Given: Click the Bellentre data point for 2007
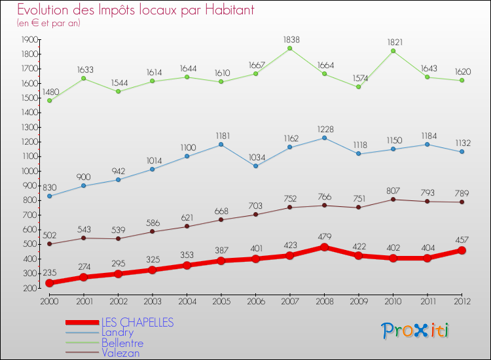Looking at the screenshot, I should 289,48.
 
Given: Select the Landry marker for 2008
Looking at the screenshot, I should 324,137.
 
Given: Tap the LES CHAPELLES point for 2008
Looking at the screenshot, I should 324,247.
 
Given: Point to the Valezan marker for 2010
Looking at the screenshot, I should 393,199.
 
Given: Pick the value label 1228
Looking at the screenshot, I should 325,128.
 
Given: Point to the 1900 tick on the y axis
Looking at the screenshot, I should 28,39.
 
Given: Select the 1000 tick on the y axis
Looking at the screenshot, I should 28,171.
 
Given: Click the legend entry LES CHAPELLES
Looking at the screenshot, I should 137,322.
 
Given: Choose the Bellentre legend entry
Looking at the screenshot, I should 122,342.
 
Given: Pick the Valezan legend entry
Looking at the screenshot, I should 120,353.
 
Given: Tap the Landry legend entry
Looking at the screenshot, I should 117,333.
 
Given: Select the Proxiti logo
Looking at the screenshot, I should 415,331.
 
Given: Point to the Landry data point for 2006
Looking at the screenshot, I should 255,166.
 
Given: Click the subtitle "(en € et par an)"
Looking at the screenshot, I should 48,23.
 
